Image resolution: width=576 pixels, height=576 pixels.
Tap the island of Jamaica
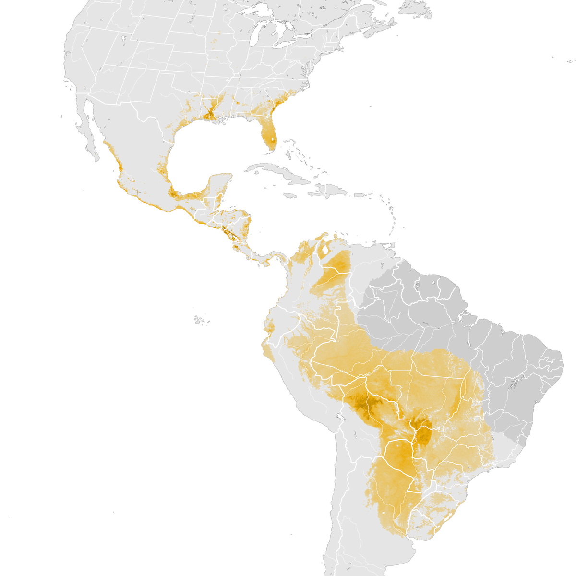point(289,196)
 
